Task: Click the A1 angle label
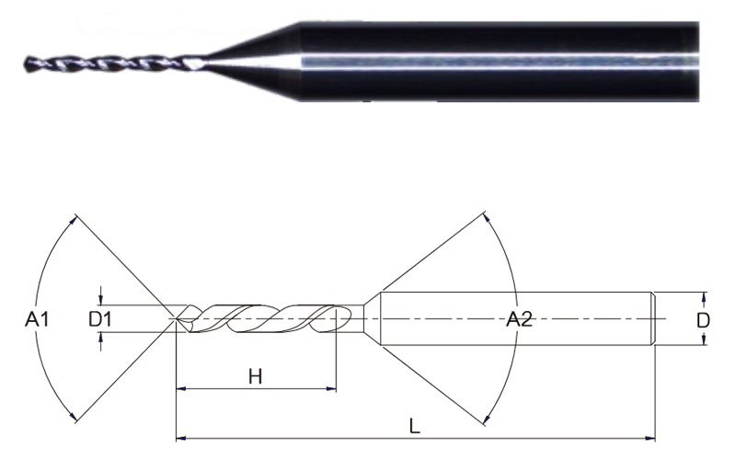tap(37, 319)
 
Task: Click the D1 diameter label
tap(100, 319)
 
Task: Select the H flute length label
tap(256, 376)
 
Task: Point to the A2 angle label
tap(519, 319)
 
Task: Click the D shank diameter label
tap(703, 320)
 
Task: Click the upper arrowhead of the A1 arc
tap(74, 220)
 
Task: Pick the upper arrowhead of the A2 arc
tap(487, 218)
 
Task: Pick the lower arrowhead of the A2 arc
tap(488, 419)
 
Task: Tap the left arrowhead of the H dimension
tap(181, 389)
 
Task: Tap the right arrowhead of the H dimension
tap(331, 389)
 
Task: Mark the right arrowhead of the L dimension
tap(650, 439)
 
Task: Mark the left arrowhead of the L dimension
tap(181, 439)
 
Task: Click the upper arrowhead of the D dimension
tap(703, 297)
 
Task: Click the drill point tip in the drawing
tap(176, 319)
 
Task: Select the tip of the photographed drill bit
tap(26, 63)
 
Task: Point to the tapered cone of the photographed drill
tap(254, 61)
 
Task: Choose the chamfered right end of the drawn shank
tap(652, 319)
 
